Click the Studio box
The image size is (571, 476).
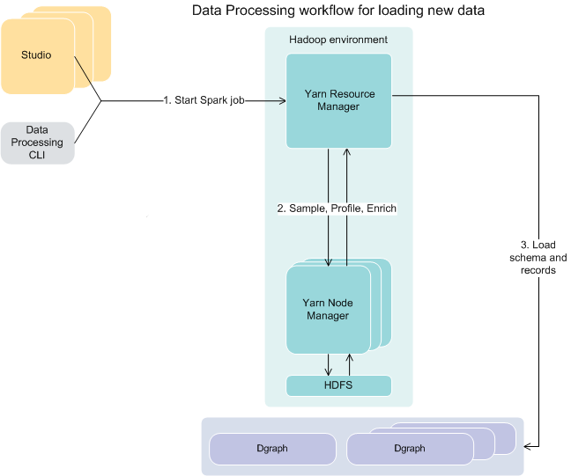(37, 55)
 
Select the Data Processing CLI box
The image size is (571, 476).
(37, 143)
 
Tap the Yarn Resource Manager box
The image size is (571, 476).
(338, 99)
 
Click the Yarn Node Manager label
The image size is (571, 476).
(328, 309)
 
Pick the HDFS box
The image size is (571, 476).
(338, 385)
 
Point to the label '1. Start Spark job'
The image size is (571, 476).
(204, 100)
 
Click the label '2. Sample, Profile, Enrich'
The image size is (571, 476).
(337, 209)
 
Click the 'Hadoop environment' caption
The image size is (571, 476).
(338, 40)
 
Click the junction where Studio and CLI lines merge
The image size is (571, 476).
(101, 101)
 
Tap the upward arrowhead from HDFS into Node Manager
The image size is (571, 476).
(349, 356)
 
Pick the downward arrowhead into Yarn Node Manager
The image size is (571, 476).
(329, 262)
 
